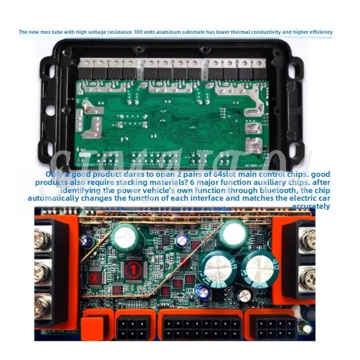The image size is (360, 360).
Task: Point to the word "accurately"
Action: tap(311, 206)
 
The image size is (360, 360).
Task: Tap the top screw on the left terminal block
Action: tap(42, 238)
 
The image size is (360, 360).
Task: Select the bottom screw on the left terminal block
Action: tap(42, 303)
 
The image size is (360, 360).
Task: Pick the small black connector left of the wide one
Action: tap(133, 328)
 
